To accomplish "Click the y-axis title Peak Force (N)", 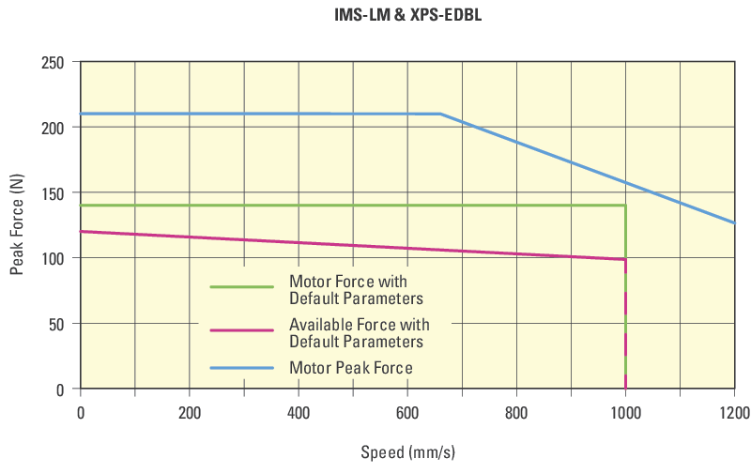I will point(17,225).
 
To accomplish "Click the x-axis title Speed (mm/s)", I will point(407,452).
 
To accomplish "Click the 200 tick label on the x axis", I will point(190,411).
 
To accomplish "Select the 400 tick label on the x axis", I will point(299,411).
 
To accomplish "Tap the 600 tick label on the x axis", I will point(407,411).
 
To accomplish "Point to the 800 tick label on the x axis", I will point(516,411).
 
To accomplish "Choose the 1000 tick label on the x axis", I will point(625,411).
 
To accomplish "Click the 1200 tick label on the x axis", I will point(734,411).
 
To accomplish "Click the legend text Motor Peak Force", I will point(351,368).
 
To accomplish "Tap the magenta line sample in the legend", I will point(241,329).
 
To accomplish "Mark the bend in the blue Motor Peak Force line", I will point(440,114).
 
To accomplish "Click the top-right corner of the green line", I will point(625,205).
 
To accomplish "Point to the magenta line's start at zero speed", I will point(82,231).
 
